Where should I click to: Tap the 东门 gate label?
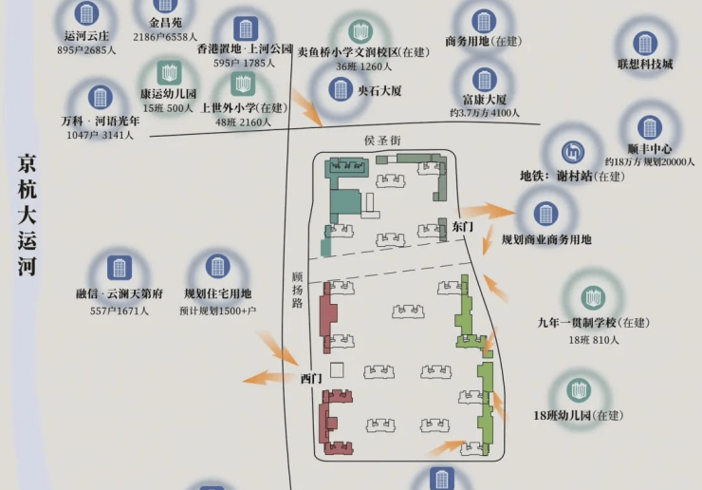point(462,227)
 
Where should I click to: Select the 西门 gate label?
point(311,378)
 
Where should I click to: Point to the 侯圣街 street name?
point(382,141)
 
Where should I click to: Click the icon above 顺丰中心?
point(650,127)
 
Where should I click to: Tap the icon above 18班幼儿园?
point(579,390)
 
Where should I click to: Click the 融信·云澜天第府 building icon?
point(120,268)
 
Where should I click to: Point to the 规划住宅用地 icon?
point(217,268)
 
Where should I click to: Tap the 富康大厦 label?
point(485,99)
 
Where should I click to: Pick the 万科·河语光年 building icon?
point(99,97)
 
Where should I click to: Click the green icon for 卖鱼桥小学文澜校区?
point(360,30)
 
